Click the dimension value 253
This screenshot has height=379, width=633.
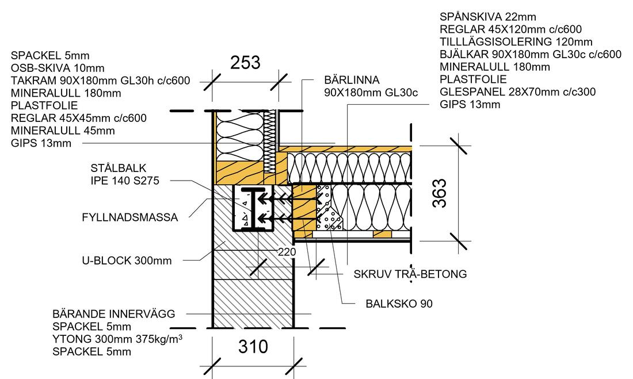point(245,63)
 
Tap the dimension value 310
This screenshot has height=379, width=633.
point(253,347)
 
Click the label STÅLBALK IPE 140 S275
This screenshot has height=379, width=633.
point(124,174)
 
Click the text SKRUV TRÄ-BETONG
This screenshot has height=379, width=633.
point(410,274)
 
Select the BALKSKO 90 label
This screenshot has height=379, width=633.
point(399,303)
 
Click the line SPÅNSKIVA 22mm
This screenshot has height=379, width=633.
point(487,17)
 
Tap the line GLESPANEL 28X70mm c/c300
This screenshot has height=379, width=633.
point(517,92)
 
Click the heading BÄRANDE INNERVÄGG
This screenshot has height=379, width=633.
point(113,314)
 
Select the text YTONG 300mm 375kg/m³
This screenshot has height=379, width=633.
point(117,339)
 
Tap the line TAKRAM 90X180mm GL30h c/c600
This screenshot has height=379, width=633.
point(100,81)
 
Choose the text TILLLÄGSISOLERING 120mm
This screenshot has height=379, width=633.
point(516,42)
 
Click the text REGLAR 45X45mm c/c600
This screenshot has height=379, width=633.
point(78,118)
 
